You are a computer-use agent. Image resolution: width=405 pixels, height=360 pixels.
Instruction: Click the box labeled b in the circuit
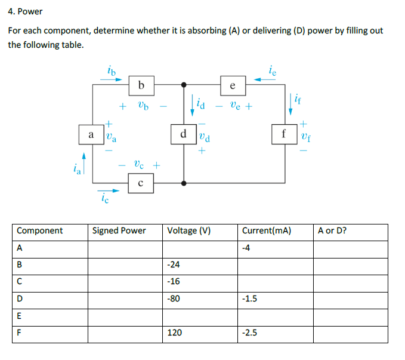tap(141, 85)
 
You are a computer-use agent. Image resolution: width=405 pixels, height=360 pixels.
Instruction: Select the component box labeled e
tap(232, 85)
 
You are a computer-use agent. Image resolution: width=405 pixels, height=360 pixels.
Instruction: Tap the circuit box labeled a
tap(91, 134)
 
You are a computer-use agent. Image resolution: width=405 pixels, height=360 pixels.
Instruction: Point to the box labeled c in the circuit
tap(141, 183)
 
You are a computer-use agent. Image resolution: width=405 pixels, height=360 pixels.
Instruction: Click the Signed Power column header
tap(119, 230)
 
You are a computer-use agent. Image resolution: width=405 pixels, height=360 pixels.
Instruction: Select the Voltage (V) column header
tap(190, 230)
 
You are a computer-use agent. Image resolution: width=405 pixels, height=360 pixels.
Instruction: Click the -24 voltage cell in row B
tap(175, 264)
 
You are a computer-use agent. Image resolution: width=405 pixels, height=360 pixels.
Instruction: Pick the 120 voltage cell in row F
tap(175, 333)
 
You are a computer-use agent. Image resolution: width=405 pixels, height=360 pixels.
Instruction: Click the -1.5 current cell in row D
tap(250, 299)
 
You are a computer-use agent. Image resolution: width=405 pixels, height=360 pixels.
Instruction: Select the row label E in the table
tap(19, 316)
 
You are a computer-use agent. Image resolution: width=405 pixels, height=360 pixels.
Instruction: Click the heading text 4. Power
tap(26, 11)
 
